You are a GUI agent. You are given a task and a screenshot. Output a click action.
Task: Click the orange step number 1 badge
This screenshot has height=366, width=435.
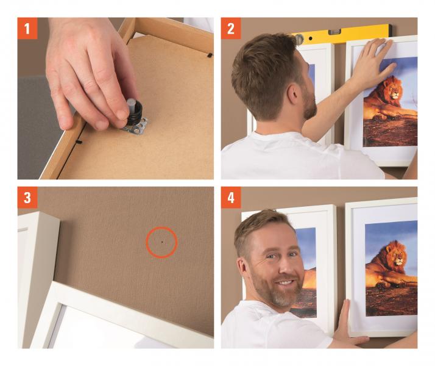(x=27, y=28)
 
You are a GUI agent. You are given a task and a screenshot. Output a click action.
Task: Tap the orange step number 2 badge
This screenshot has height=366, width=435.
(x=231, y=28)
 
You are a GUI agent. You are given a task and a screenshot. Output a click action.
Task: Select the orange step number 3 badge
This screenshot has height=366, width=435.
(x=27, y=198)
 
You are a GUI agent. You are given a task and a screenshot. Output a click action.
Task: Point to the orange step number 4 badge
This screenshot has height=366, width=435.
(x=231, y=198)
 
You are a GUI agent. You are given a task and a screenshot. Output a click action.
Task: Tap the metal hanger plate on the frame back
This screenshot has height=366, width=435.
(x=136, y=126)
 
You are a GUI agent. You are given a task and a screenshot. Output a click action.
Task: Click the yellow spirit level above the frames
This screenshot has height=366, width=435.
(x=341, y=34)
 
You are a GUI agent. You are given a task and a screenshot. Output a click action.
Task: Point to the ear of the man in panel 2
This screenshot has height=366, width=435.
(x=292, y=93)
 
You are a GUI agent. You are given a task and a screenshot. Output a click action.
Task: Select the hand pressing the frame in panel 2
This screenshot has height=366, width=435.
(x=375, y=62)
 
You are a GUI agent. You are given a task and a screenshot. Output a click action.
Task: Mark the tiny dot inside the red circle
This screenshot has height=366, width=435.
(x=162, y=242)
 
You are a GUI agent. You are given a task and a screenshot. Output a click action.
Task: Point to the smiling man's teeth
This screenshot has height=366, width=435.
(x=286, y=282)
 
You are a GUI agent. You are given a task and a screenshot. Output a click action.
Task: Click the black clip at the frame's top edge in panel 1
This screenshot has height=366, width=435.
(x=210, y=55)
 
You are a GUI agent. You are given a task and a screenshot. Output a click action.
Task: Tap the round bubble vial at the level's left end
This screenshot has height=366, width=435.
(x=299, y=39)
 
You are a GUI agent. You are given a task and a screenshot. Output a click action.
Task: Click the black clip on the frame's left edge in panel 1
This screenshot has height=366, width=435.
(x=79, y=142)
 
